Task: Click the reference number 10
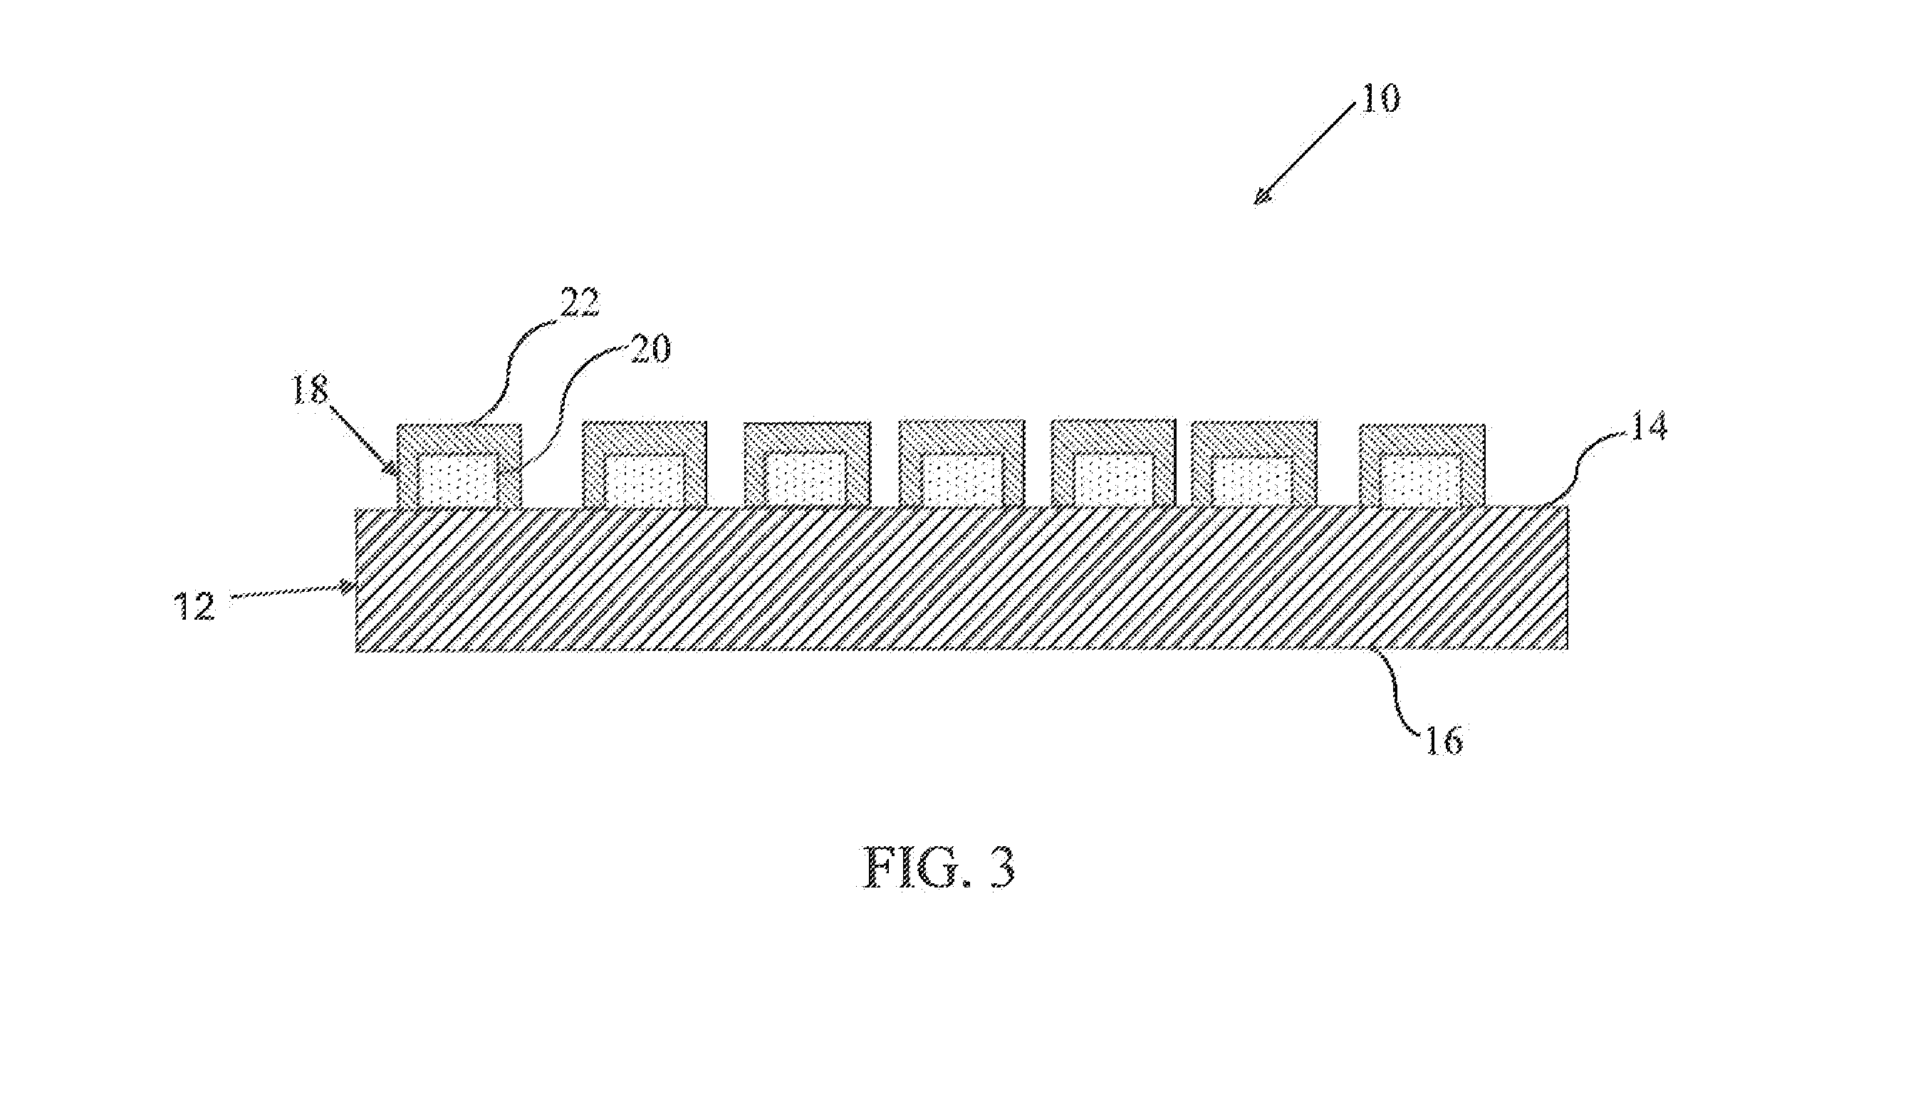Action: (1380, 98)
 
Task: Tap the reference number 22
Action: (579, 303)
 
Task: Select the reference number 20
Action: (649, 350)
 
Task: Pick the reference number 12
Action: (196, 607)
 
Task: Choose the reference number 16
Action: (1444, 739)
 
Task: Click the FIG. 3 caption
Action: (939, 869)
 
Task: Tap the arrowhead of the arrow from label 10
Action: (1261, 197)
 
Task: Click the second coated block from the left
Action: (645, 464)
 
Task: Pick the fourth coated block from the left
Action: (961, 463)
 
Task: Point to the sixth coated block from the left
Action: (1254, 463)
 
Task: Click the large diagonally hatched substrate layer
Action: (961, 578)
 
